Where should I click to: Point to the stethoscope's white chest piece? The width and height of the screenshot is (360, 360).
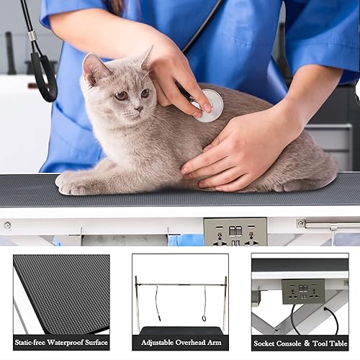(x=208, y=105)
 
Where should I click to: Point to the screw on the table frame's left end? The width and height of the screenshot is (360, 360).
(x=7, y=225)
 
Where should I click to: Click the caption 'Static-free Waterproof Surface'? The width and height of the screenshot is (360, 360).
(x=61, y=342)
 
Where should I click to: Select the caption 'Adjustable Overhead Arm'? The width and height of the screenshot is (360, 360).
(x=180, y=342)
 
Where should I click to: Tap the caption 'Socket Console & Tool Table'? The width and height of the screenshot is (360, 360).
(x=300, y=342)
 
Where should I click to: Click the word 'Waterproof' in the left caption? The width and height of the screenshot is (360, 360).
(x=61, y=342)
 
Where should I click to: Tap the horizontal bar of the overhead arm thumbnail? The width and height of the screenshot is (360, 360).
(x=180, y=284)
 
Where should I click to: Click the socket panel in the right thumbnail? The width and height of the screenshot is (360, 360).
(x=303, y=291)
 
